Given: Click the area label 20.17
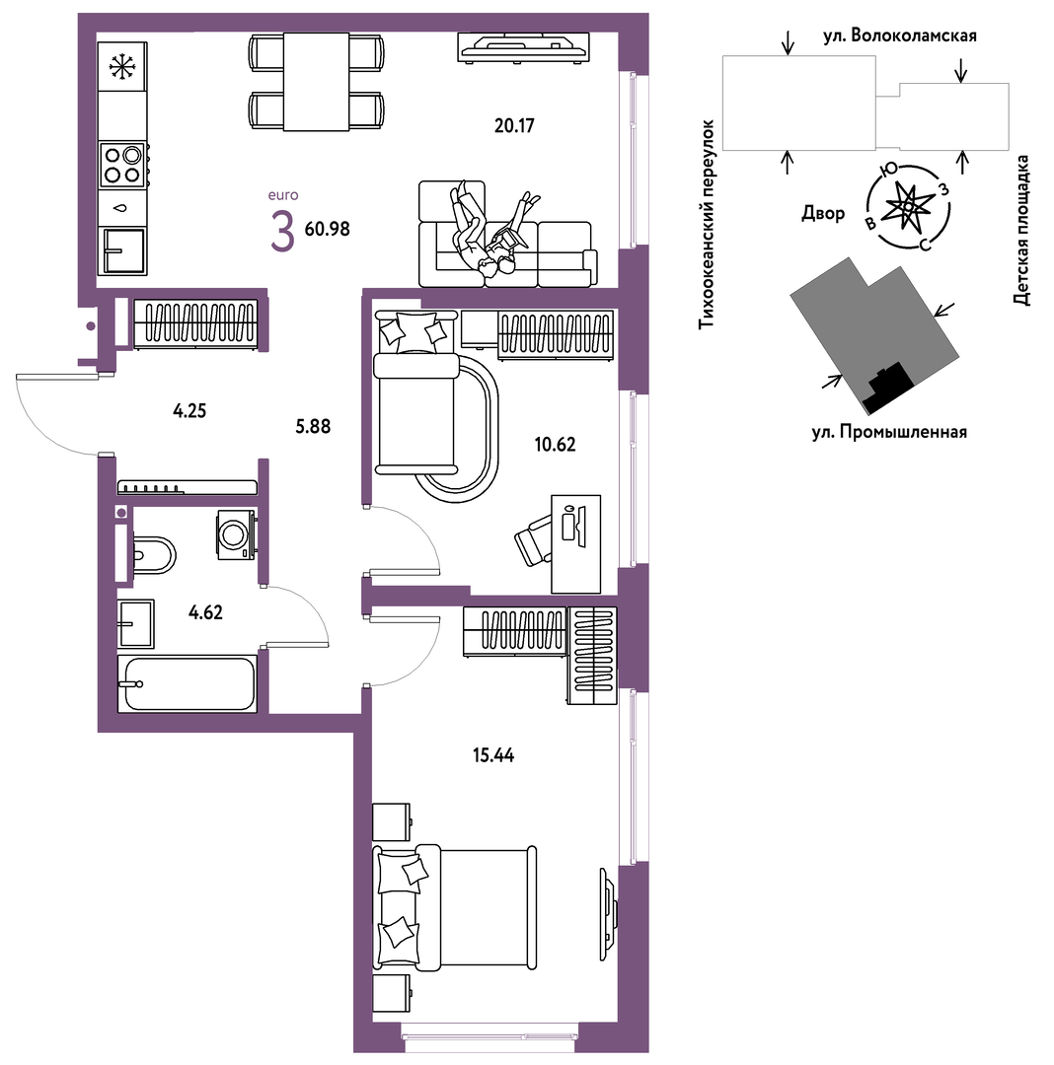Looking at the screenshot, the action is pyautogui.click(x=514, y=125).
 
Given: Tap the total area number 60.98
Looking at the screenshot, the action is pyautogui.click(x=327, y=229).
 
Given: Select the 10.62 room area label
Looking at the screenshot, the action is pyautogui.click(x=555, y=444).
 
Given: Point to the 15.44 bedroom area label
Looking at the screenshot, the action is pyautogui.click(x=493, y=754).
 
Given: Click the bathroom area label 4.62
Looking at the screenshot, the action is pyautogui.click(x=205, y=612).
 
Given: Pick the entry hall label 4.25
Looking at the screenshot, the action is pyautogui.click(x=189, y=411).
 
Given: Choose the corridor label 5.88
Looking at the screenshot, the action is pyautogui.click(x=313, y=426).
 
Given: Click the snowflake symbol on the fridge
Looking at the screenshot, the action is pyautogui.click(x=123, y=67).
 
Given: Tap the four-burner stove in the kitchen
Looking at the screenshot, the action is pyautogui.click(x=123, y=164).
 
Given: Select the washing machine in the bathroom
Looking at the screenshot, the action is pyautogui.click(x=236, y=534).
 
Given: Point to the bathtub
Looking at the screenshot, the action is pyautogui.click(x=187, y=684).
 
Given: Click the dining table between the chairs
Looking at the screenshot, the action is pyautogui.click(x=317, y=82).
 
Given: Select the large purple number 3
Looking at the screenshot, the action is pyautogui.click(x=282, y=231).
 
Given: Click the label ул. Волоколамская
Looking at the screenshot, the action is pyautogui.click(x=900, y=36).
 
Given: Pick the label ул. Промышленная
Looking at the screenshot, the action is pyautogui.click(x=889, y=432).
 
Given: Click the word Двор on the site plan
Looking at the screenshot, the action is pyautogui.click(x=823, y=213).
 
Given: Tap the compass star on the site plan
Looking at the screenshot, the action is pyautogui.click(x=908, y=205).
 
